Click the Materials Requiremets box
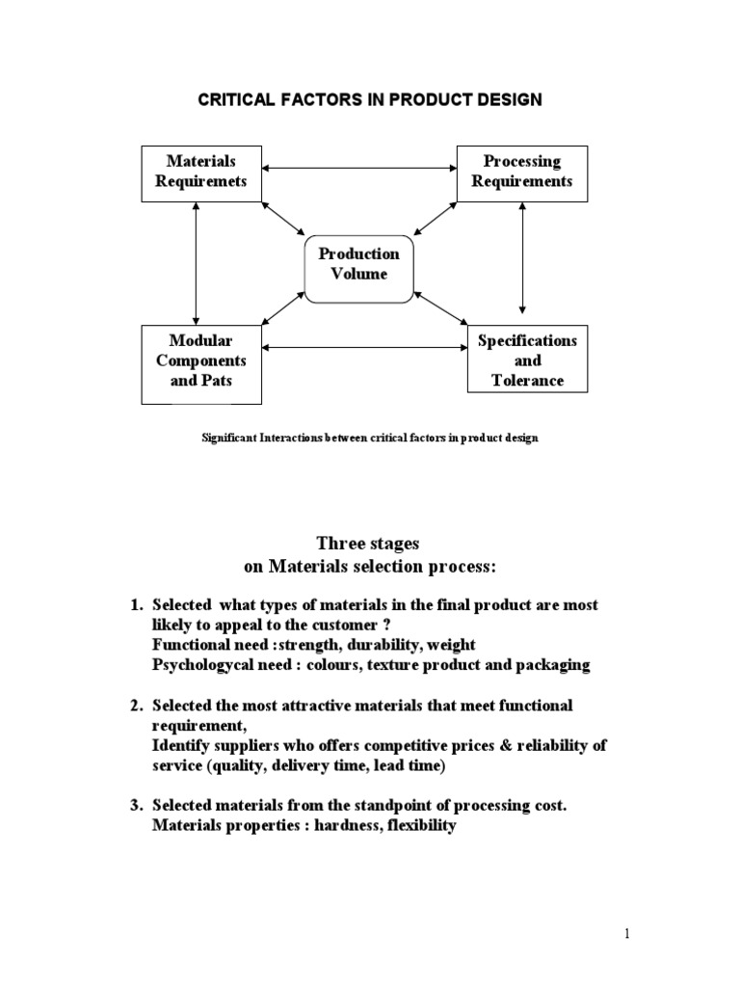coord(200,173)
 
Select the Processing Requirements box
coord(521,173)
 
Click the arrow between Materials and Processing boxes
coord(359,171)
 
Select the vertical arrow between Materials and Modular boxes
coord(196,263)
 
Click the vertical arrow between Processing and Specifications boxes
coord(522,259)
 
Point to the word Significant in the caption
coord(231,439)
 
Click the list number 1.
coord(135,605)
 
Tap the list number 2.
coord(135,706)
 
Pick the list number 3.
coord(135,806)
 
